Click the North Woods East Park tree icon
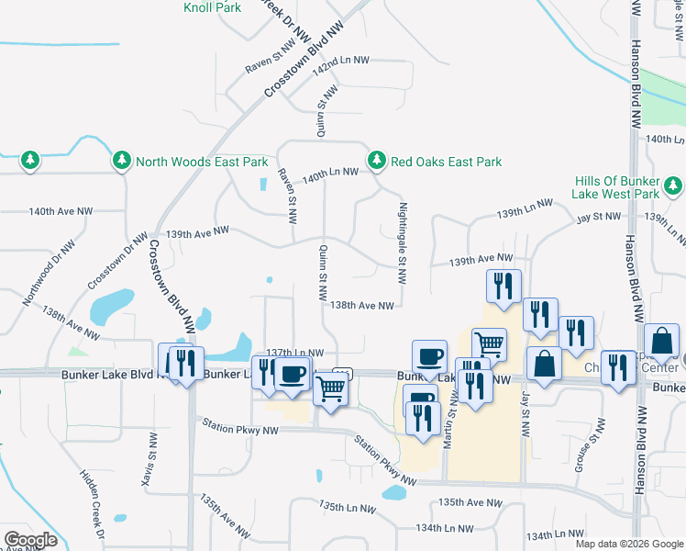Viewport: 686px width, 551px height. [x=122, y=162]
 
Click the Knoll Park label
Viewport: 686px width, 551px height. [x=212, y=7]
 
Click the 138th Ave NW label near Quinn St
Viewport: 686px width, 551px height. [x=361, y=305]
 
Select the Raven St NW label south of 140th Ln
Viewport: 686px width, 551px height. [x=287, y=197]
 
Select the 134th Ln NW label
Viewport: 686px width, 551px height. [x=444, y=528]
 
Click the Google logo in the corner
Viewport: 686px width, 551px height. [x=30, y=540]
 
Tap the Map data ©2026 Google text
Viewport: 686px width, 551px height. [x=629, y=544]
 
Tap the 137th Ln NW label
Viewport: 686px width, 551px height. [x=294, y=353]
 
